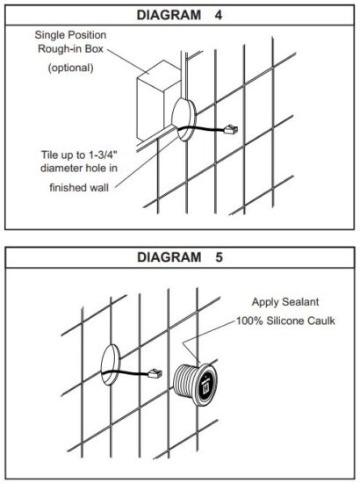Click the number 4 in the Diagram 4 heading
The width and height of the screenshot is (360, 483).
217,15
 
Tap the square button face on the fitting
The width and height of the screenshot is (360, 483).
205,381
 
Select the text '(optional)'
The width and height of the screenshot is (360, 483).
71,68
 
